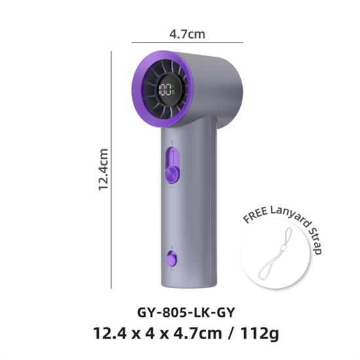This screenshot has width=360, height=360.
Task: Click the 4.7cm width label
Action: [187, 34]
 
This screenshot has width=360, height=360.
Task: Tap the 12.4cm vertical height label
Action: [103, 170]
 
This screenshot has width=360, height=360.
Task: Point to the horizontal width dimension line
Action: [187, 43]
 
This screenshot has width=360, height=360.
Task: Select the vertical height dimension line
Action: [111, 170]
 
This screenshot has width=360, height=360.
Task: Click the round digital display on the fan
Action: [166, 89]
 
